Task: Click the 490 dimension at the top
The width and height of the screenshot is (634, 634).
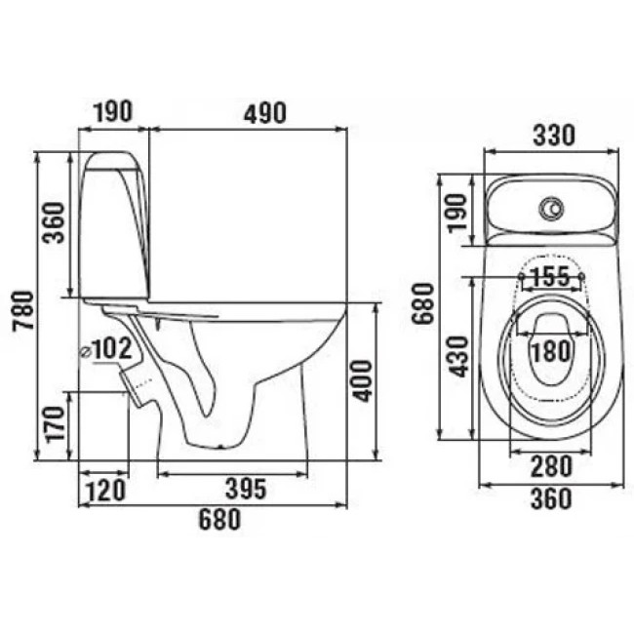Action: [265, 113]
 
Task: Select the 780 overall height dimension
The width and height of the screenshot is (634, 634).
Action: [23, 310]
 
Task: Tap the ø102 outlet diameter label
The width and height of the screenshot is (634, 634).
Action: [106, 348]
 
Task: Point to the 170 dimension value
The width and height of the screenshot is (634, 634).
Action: [56, 424]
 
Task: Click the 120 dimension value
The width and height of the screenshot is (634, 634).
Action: [106, 491]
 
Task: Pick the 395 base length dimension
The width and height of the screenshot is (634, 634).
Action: [246, 489]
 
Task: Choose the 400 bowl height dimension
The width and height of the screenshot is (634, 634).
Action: [362, 380]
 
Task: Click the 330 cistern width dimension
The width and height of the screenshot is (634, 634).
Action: [554, 135]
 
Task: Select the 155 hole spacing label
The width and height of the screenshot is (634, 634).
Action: [549, 277]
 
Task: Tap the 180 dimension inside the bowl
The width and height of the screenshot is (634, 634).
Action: [551, 351]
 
